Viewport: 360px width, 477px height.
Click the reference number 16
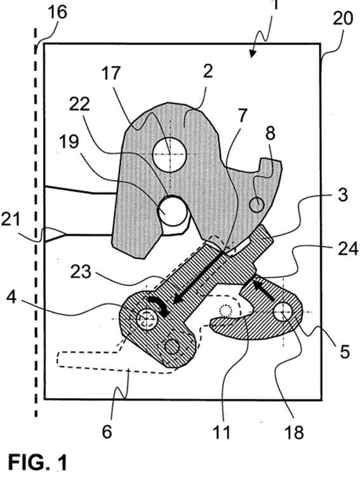pyautogui.click(x=58, y=13)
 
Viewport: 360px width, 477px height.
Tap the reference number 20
pyautogui.click(x=343, y=18)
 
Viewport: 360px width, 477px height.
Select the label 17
pyautogui.click(x=111, y=73)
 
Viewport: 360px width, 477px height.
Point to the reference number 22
pyautogui.click(x=79, y=104)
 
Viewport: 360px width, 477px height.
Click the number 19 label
pyautogui.click(x=70, y=142)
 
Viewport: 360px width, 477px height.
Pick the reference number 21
pyautogui.click(x=10, y=220)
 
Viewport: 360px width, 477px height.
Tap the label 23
pyautogui.click(x=80, y=272)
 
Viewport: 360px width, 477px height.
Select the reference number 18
pyautogui.click(x=294, y=432)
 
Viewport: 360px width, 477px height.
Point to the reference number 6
pyautogui.click(x=107, y=432)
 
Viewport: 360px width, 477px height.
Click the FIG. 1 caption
pyautogui.click(x=37, y=462)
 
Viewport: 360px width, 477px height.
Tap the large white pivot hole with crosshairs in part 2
pyautogui.click(x=170, y=154)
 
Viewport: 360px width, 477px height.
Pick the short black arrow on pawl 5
pyautogui.click(x=264, y=291)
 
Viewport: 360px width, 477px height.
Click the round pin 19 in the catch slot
pyautogui.click(x=173, y=211)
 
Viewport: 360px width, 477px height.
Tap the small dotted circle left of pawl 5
pyautogui.click(x=225, y=311)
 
